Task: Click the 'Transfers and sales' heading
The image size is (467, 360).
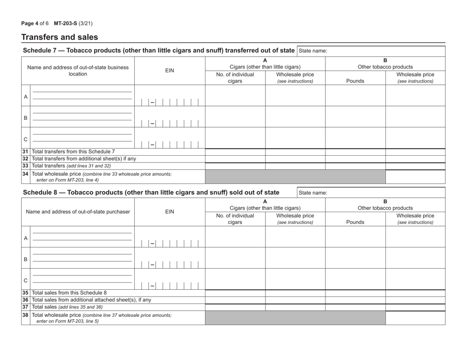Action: tap(59, 37)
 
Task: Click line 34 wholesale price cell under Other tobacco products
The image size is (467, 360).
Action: tap(415, 177)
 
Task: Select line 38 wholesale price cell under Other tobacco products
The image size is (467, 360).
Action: tap(415, 318)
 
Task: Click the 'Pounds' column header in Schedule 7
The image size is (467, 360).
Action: tap(355, 78)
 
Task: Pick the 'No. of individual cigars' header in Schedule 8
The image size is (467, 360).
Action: tap(235, 219)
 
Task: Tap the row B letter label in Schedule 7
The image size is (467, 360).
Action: tap(26, 118)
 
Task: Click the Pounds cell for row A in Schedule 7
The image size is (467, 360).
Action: tap(355, 96)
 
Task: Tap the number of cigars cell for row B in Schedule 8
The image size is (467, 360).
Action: tap(235, 258)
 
